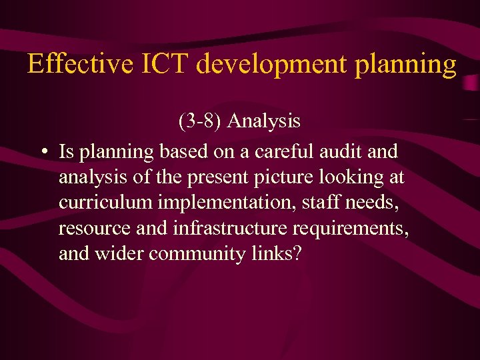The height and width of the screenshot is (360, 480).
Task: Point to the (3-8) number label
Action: pyautogui.click(x=201, y=121)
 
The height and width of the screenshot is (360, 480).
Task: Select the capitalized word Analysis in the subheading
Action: pyautogui.click(x=265, y=121)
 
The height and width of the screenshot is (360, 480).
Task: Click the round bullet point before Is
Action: pyautogui.click(x=43, y=152)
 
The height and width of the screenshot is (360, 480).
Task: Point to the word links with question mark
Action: pyautogui.click(x=276, y=254)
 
